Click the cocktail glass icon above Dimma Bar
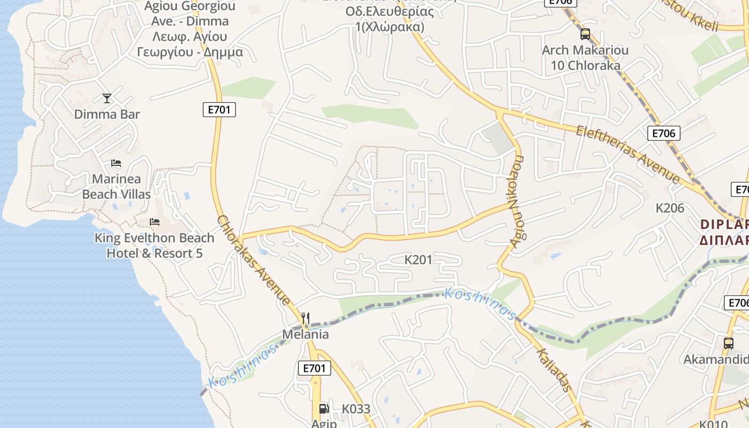tap(107, 98)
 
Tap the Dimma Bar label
tap(107, 114)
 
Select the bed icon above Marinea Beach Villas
tap(116, 163)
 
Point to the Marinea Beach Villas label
tap(117, 186)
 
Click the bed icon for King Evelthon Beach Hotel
tap(155, 221)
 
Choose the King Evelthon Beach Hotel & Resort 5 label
tap(155, 246)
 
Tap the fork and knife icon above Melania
tap(305, 318)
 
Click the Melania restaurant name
tap(305, 334)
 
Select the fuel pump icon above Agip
tap(324, 409)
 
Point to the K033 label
tap(356, 409)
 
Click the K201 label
tap(418, 260)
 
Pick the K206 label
tap(670, 208)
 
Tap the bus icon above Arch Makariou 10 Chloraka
tap(585, 34)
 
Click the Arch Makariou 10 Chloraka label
tap(585, 58)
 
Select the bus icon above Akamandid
tap(728, 343)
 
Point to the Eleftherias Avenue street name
tap(628, 154)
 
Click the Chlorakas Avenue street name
tap(254, 261)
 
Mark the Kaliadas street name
tap(553, 369)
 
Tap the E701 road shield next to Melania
tap(314, 368)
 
